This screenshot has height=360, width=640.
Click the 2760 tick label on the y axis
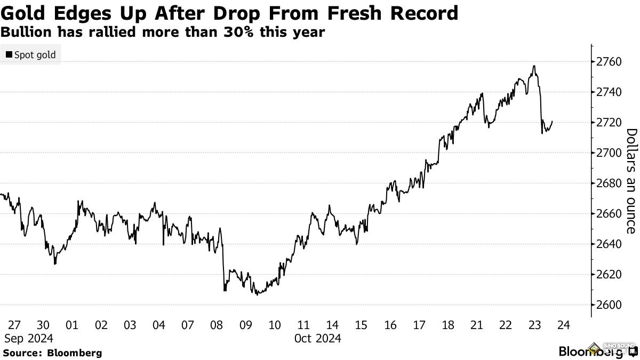608,62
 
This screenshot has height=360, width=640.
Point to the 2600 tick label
608,305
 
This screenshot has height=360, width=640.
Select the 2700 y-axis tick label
608,153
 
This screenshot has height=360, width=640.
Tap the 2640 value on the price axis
608,244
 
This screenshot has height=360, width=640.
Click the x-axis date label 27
14,325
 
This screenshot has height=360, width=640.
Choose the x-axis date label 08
217,325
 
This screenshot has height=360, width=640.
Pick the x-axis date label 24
564,325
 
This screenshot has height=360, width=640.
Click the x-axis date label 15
361,325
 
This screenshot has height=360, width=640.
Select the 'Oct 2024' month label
317,338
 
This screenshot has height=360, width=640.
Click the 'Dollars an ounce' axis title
631,181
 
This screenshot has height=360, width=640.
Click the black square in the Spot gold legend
9,55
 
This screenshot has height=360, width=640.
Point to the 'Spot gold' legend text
35,55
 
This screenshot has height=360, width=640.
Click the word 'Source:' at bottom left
23,353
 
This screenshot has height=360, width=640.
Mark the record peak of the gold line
534,66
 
